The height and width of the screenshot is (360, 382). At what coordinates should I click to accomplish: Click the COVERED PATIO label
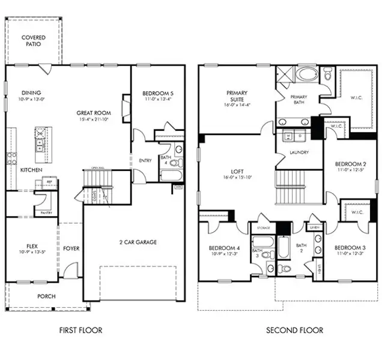click(33, 41)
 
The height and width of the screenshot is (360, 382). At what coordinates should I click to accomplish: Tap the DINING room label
click(31, 93)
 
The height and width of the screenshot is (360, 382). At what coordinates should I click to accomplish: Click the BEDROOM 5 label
click(158, 93)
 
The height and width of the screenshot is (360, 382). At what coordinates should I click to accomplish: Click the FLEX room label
click(32, 246)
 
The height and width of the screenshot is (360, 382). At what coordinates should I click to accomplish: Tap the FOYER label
click(71, 248)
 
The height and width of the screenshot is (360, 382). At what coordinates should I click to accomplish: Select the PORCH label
click(46, 296)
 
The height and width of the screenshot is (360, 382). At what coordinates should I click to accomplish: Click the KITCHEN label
click(31, 170)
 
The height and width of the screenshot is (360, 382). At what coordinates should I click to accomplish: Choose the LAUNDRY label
click(299, 152)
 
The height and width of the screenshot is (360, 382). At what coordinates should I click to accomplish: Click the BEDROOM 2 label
click(350, 164)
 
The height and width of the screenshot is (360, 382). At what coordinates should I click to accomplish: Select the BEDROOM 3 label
click(350, 247)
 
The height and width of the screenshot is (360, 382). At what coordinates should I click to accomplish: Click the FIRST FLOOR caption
click(80, 330)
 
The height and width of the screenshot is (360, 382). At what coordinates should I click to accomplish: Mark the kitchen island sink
click(40, 144)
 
